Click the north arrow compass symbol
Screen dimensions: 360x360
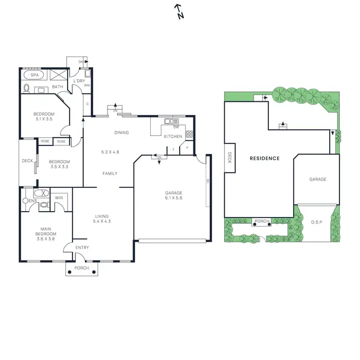pyautogui.click(x=179, y=12)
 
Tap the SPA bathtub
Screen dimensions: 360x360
pyautogui.click(x=34, y=75)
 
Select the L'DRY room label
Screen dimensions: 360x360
pyautogui.click(x=79, y=81)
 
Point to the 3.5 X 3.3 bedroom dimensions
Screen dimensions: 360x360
pyautogui.click(x=59, y=167)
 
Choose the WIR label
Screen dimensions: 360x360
pyautogui.click(x=60, y=197)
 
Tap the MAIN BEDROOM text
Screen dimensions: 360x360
pyautogui.click(x=46, y=231)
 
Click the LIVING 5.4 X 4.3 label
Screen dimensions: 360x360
pyautogui.click(x=102, y=218)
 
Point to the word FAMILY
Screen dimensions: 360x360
pyautogui.click(x=109, y=173)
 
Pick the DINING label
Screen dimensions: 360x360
pyautogui.click(x=121, y=132)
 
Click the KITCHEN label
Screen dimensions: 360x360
pyautogui.click(x=173, y=137)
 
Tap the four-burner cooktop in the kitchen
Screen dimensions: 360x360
pyautogui.click(x=189, y=134)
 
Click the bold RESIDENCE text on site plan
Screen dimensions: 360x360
pyautogui.click(x=264, y=158)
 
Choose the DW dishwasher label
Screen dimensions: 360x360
pyautogui.click(x=176, y=127)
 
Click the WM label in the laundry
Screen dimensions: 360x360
pyautogui.click(x=87, y=85)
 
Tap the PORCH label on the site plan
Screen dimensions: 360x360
pyautogui.click(x=262, y=221)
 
